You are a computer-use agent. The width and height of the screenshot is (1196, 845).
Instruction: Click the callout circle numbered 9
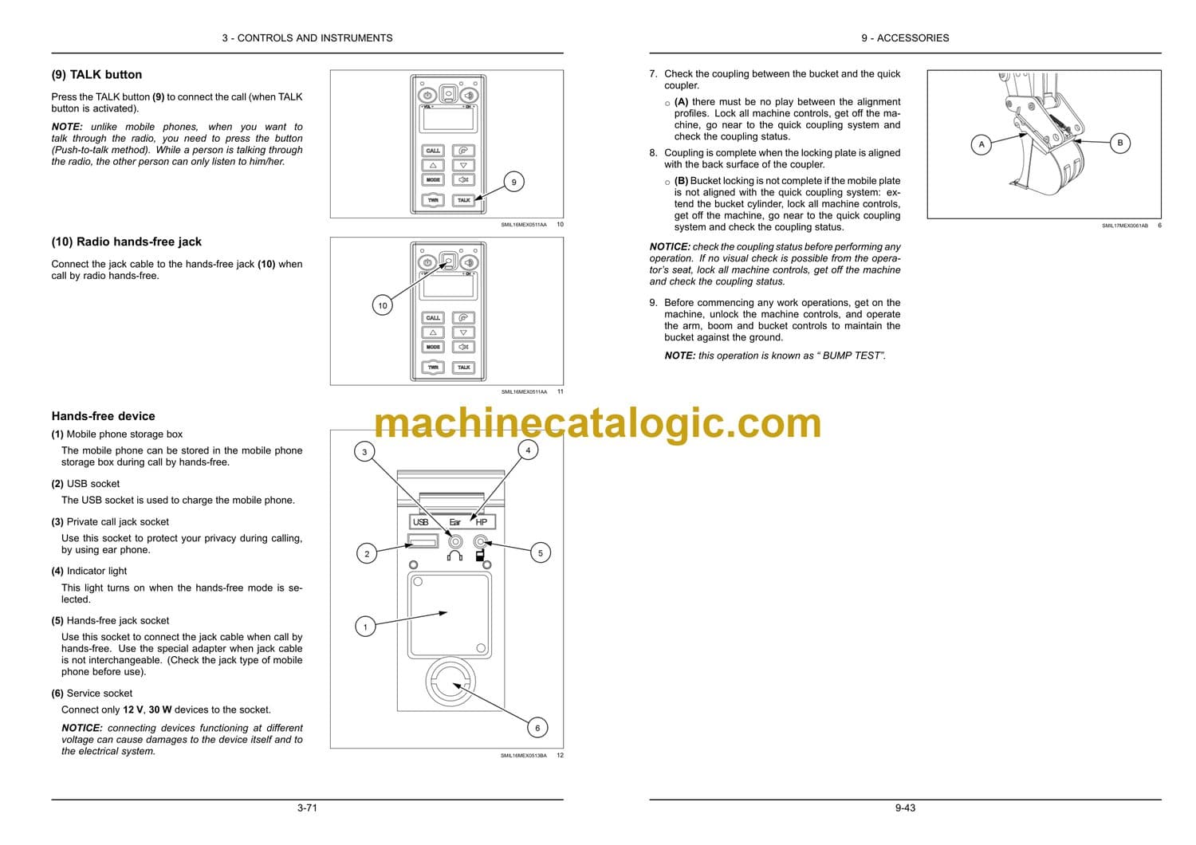[513, 182]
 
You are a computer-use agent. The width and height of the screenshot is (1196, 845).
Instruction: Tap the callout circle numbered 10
[382, 305]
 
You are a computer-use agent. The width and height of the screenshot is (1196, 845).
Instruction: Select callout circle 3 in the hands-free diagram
[364, 451]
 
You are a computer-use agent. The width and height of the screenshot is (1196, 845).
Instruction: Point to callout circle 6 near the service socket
[537, 728]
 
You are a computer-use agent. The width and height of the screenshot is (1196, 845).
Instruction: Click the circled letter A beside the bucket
[982, 144]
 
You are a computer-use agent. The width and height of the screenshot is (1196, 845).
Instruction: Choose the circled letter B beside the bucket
[1120, 143]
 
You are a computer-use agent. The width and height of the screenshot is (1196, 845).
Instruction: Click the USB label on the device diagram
[421, 522]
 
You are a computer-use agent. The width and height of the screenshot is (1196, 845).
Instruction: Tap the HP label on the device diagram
[481, 522]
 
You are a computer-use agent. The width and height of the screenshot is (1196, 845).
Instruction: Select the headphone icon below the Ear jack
[455, 556]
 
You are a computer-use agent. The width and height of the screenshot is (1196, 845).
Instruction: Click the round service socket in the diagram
[450, 681]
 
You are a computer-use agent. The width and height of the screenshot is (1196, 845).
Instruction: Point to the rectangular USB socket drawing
[423, 541]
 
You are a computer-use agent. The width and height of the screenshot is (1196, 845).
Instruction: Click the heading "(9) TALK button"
[96, 75]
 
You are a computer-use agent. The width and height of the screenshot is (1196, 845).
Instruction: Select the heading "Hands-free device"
[103, 416]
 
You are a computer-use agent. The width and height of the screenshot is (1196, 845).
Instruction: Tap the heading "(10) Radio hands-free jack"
[127, 242]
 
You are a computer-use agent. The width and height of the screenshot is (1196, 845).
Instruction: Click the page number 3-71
[307, 808]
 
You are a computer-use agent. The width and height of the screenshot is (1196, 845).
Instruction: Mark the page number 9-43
[905, 808]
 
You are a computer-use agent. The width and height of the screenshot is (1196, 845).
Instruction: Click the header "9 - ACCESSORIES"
[905, 38]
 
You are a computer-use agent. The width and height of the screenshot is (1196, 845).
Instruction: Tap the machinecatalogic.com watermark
[597, 423]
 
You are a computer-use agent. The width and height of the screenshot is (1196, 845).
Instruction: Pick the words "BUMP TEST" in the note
[851, 356]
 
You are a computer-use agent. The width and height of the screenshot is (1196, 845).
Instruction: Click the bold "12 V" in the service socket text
[133, 710]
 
